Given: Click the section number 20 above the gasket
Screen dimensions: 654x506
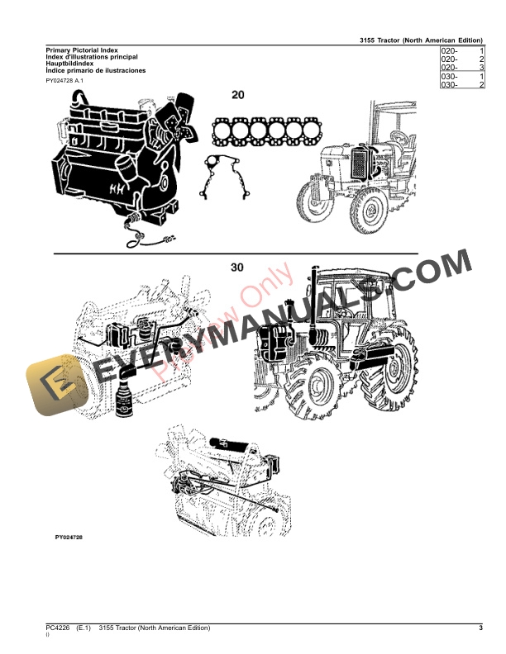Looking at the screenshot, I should coord(238,95).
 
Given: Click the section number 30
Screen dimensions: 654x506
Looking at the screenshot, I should coord(237,268).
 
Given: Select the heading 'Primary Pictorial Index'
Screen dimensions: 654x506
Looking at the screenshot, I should coord(83,50).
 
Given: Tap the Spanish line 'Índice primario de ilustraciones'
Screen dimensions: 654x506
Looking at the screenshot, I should coord(95,71).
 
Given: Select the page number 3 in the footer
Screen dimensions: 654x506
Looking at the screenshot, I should coord(480,629).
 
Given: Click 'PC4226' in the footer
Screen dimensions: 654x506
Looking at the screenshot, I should coord(59,629).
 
